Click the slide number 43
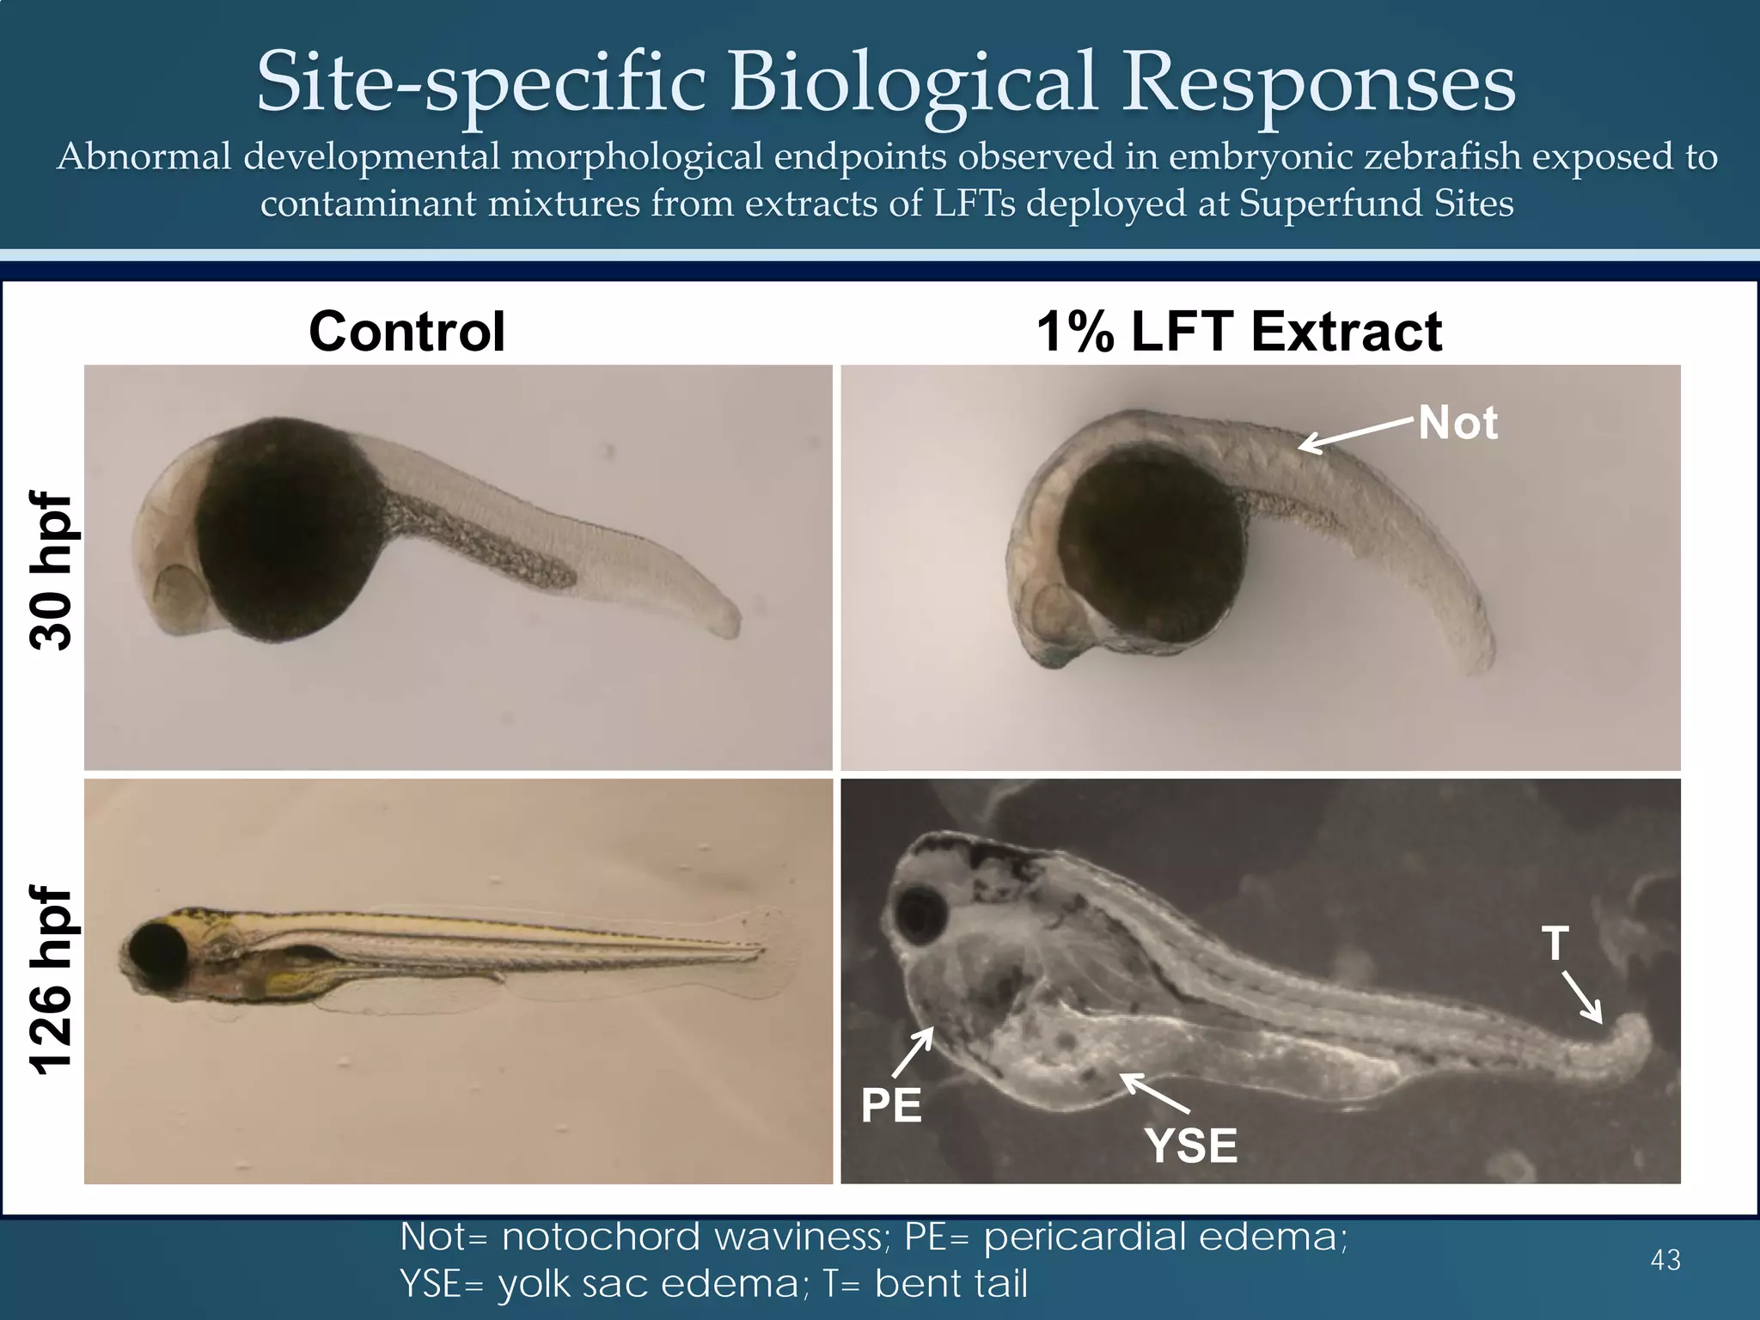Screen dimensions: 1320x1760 pyautogui.click(x=1665, y=1260)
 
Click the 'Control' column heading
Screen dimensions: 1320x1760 pyautogui.click(x=406, y=332)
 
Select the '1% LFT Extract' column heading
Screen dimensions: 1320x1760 pyautogui.click(x=1239, y=332)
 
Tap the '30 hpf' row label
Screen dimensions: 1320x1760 pyautogui.click(x=52, y=571)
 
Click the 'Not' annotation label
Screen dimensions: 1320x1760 pyautogui.click(x=1457, y=423)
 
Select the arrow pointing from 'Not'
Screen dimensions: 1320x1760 pyautogui.click(x=1356, y=433)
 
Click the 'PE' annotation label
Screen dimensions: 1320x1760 pyautogui.click(x=891, y=1105)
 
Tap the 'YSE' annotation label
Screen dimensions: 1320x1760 pyautogui.click(x=1192, y=1146)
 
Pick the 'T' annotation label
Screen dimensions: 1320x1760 pyautogui.click(x=1555, y=944)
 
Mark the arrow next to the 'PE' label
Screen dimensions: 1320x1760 pyautogui.click(x=914, y=1052)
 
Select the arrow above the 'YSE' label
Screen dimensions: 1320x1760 pyautogui.click(x=1155, y=1092)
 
